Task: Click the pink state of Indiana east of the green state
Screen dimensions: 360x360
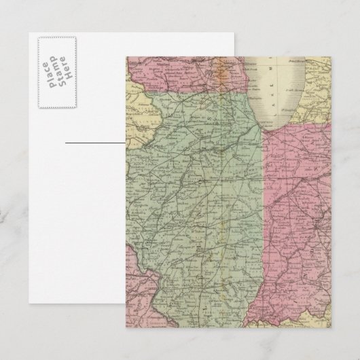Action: tap(299, 224)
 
